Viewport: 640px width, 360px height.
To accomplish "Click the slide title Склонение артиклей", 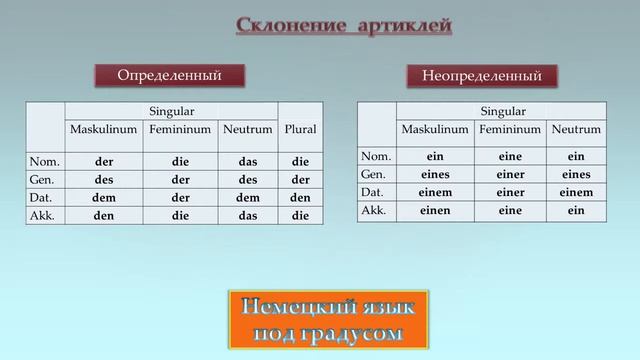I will pyautogui.click(x=330, y=24).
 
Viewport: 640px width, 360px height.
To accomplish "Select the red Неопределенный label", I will pyautogui.click(x=482, y=76).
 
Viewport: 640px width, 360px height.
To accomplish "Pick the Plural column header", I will pyautogui.click(x=300, y=131).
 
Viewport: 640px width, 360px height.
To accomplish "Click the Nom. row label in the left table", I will pyautogui.click(x=45, y=161).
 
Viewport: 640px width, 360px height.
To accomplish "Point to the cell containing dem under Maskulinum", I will pyautogui.click(x=104, y=197).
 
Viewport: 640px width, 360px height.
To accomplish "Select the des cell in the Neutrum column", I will pyautogui.click(x=248, y=179).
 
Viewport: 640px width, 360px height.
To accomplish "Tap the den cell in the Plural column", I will pyautogui.click(x=300, y=197).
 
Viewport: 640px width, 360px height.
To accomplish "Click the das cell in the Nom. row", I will pyautogui.click(x=248, y=161).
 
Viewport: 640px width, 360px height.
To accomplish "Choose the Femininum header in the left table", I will pyautogui.click(x=180, y=130).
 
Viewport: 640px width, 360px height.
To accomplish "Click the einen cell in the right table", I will pyautogui.click(x=435, y=210).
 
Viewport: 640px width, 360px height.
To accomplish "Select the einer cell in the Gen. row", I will pyautogui.click(x=511, y=174).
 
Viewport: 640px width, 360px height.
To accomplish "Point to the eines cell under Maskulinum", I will pyautogui.click(x=435, y=174).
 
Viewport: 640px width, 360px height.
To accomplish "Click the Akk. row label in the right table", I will pyautogui.click(x=376, y=210).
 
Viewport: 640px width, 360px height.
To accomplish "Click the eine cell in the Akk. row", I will pyautogui.click(x=511, y=210).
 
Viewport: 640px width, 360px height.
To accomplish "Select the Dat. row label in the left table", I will pyautogui.click(x=45, y=197).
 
